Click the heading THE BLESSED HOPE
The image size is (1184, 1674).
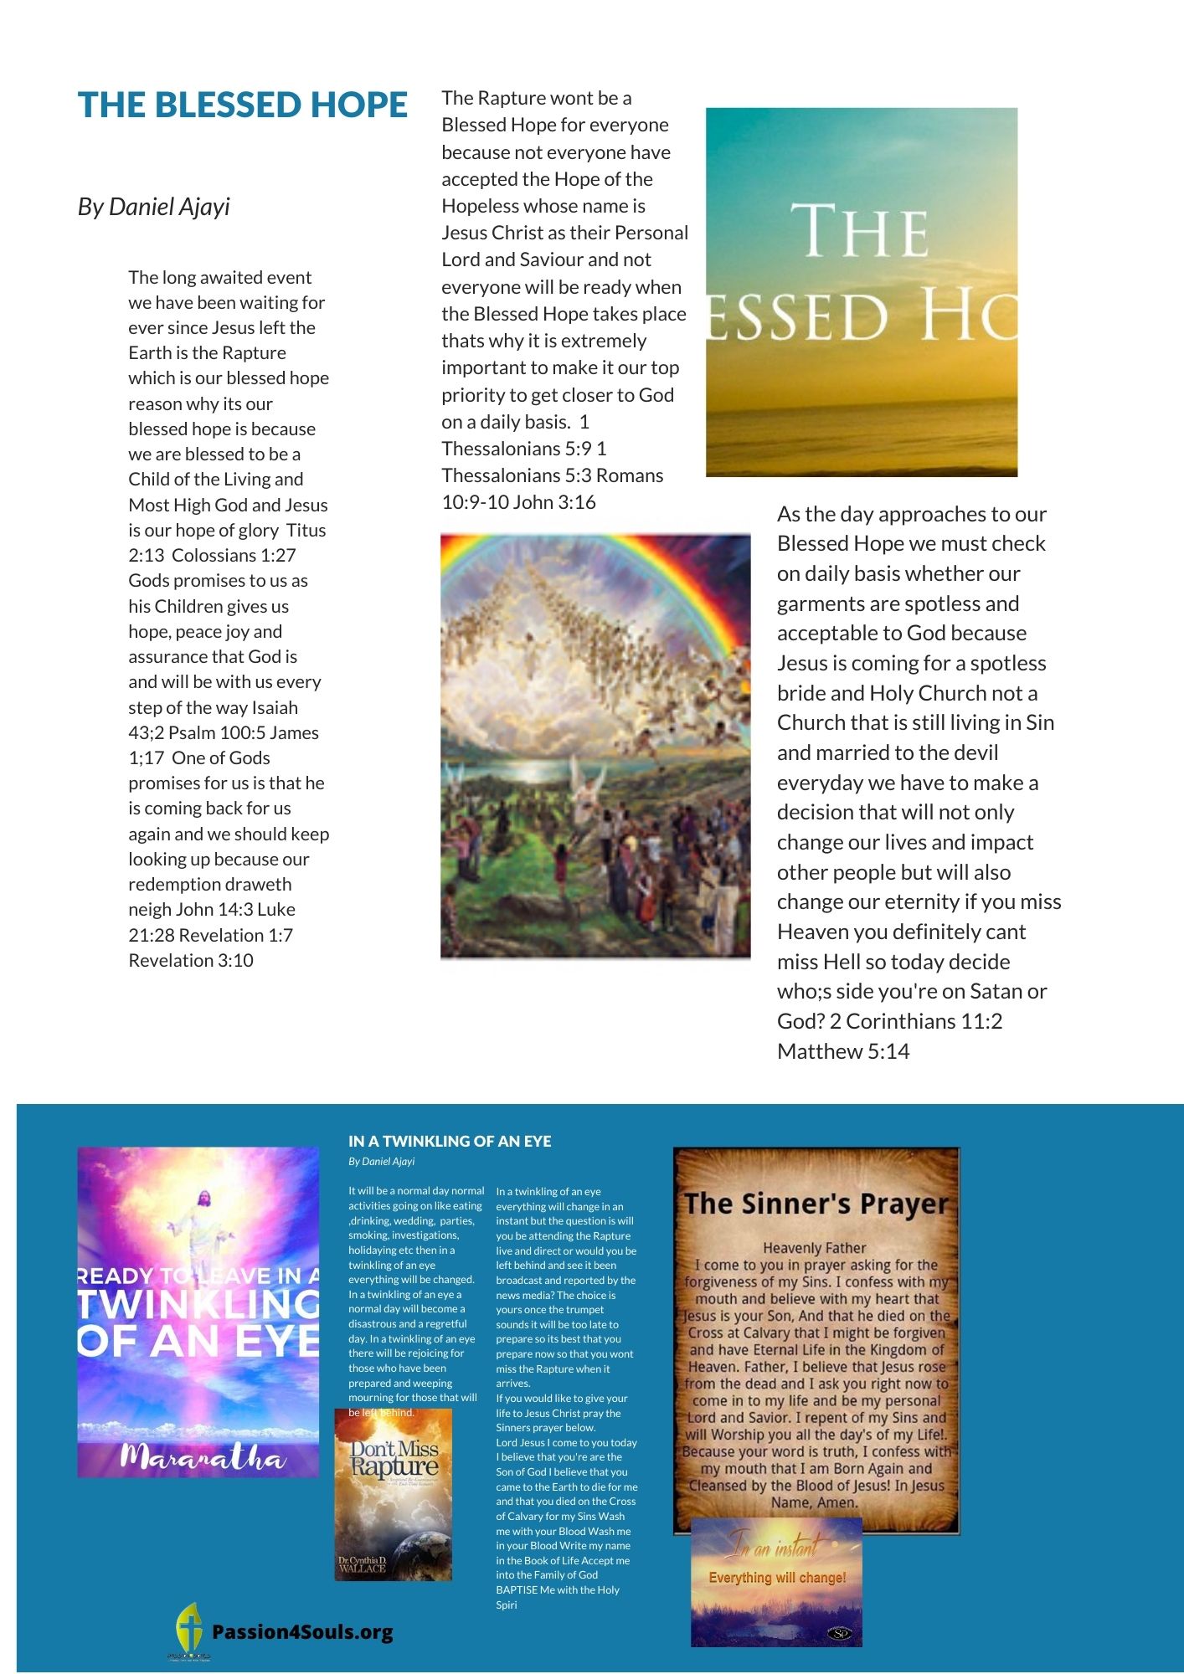pyautogui.click(x=242, y=105)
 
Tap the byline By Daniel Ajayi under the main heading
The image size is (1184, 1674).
pyautogui.click(x=153, y=207)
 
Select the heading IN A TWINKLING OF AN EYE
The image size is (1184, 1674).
pyautogui.click(x=450, y=1142)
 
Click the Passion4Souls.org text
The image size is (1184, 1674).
pyautogui.click(x=302, y=1632)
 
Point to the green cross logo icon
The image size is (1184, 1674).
pyautogui.click(x=189, y=1628)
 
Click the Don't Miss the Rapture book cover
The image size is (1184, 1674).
pyautogui.click(x=394, y=1494)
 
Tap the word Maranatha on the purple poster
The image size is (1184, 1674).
pyautogui.click(x=202, y=1457)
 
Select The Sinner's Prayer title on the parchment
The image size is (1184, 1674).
pyautogui.click(x=816, y=1204)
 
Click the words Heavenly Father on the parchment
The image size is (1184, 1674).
pyautogui.click(x=814, y=1248)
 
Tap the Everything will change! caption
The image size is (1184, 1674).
pyautogui.click(x=777, y=1578)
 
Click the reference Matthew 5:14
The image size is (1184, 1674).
pyautogui.click(x=842, y=1051)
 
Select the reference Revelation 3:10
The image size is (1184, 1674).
pyautogui.click(x=191, y=961)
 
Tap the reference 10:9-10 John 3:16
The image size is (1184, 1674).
pyautogui.click(x=518, y=502)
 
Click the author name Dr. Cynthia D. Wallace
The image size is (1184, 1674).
pyautogui.click(x=363, y=1564)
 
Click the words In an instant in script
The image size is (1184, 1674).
pyautogui.click(x=772, y=1548)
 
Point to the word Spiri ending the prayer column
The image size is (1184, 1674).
pyautogui.click(x=506, y=1605)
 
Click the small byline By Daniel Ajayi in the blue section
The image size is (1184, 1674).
pyautogui.click(x=381, y=1162)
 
